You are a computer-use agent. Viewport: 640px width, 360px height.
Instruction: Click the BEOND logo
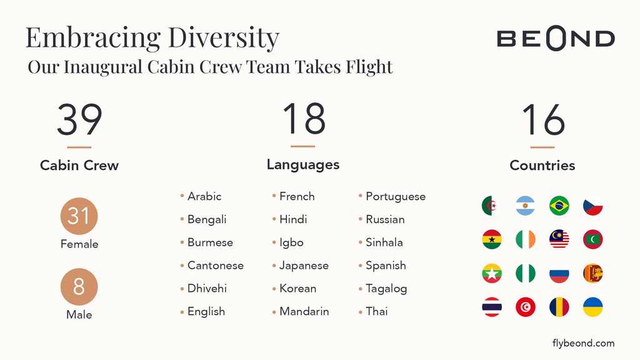(x=556, y=38)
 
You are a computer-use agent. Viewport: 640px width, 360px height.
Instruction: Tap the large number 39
(x=79, y=119)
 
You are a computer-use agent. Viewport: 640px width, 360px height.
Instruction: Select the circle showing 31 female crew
(x=79, y=216)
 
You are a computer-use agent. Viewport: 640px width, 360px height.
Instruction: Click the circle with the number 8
(x=79, y=286)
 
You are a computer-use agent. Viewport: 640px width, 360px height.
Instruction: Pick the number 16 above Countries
(x=543, y=119)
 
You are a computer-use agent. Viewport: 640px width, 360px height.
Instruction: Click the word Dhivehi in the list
(x=207, y=288)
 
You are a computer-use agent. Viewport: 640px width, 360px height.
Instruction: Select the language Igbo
(x=291, y=242)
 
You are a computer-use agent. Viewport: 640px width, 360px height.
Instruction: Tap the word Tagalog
(x=386, y=289)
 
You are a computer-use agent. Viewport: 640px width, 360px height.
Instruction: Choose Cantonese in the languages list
(x=216, y=265)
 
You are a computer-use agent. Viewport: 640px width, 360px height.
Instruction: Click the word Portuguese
(x=396, y=197)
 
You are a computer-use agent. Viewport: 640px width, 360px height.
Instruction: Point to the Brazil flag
(x=559, y=206)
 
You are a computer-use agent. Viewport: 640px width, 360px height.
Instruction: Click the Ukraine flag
(x=593, y=307)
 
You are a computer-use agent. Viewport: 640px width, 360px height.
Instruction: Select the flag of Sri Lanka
(x=593, y=273)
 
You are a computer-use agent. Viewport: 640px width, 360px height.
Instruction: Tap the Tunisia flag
(x=525, y=307)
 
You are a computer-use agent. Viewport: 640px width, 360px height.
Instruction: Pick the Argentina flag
(x=525, y=206)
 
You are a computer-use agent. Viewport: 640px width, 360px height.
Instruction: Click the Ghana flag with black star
(x=492, y=239)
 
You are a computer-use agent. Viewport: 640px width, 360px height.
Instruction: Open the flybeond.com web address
(x=583, y=343)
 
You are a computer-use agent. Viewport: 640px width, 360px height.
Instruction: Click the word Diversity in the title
(x=224, y=38)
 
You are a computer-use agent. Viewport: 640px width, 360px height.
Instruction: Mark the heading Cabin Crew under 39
(x=79, y=165)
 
